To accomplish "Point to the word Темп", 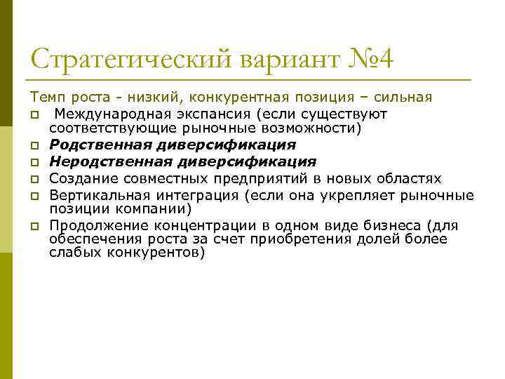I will point(44,96).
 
